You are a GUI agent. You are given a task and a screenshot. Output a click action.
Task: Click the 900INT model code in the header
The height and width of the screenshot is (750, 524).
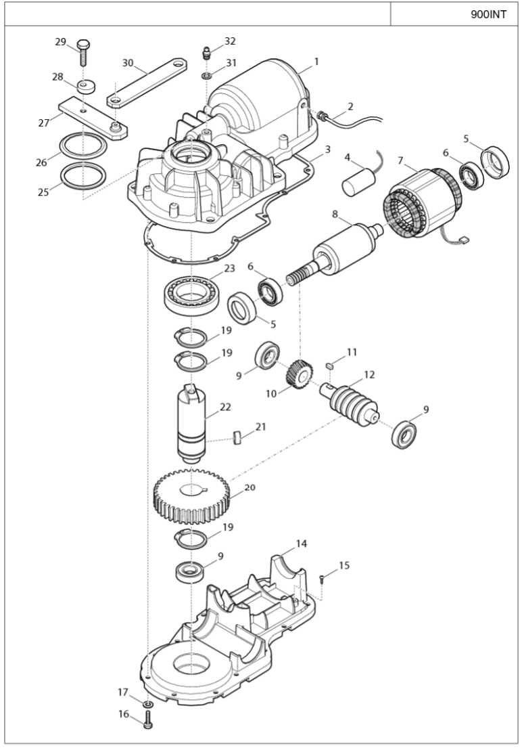pos(488,14)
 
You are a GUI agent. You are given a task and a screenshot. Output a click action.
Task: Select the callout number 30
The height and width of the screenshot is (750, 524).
pos(128,63)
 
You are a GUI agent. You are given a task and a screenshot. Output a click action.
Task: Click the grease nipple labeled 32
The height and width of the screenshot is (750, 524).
pos(206,51)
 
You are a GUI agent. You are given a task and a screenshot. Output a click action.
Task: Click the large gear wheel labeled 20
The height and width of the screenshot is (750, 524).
pos(191,496)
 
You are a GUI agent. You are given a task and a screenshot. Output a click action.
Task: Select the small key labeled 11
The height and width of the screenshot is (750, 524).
pos(329,366)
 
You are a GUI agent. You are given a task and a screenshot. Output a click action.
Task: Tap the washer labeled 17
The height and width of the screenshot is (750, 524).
pos(147,704)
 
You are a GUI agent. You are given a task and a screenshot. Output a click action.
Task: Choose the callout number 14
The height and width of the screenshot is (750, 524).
pos(302,544)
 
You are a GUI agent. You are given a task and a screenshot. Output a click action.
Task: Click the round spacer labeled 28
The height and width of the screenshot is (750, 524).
pos(87,87)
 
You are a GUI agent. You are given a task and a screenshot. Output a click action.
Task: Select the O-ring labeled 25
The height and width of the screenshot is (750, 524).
pos(84,175)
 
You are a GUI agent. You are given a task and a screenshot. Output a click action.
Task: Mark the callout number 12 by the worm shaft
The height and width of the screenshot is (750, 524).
pos(369,374)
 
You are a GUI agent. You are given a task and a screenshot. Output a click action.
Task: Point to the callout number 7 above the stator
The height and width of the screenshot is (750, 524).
pos(401,160)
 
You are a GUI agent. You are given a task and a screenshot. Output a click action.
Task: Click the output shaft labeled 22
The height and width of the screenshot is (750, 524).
pos(191,424)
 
